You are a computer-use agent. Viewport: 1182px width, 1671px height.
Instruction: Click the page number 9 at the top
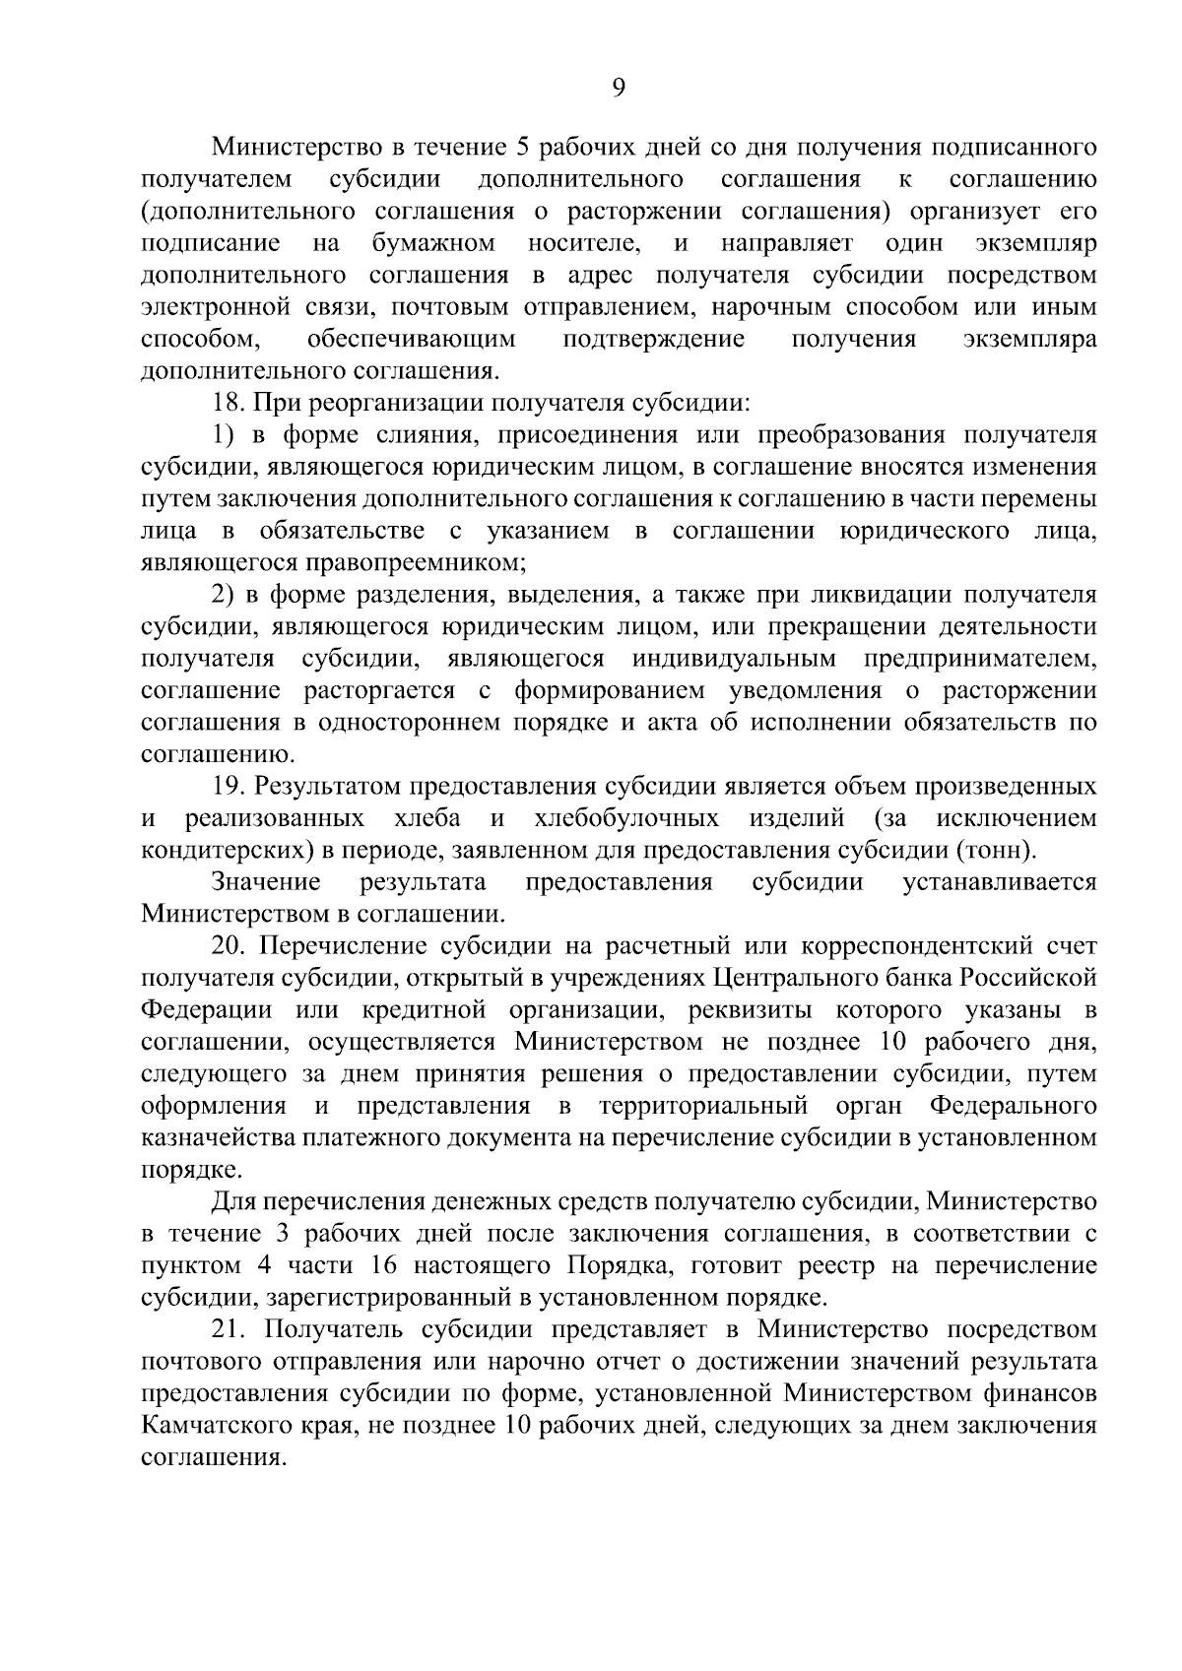[619, 89]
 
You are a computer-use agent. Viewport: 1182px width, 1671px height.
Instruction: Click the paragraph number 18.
[229, 403]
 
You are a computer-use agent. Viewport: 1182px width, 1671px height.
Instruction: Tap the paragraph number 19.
[229, 787]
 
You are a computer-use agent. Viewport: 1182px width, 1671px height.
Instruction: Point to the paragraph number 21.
[229, 1330]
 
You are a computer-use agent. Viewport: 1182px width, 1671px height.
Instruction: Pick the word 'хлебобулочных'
[624, 818]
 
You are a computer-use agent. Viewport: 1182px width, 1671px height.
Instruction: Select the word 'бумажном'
[434, 243]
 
